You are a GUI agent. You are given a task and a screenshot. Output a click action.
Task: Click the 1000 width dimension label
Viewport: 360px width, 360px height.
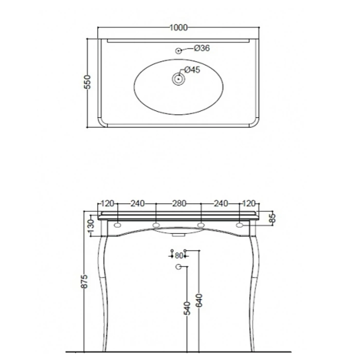pos(178,28)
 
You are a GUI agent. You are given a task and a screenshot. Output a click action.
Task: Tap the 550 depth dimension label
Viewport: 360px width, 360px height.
pos(87,82)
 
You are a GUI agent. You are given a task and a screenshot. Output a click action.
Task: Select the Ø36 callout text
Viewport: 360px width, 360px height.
pos(202,48)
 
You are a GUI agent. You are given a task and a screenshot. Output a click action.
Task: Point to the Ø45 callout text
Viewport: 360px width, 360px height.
pos(192,69)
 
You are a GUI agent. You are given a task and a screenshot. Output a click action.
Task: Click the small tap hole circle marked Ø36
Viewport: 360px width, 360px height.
pos(178,51)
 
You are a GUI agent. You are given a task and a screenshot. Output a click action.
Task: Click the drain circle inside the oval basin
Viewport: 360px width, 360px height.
pos(178,79)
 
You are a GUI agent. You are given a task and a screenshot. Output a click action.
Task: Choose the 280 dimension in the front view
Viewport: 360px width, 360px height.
pos(179,204)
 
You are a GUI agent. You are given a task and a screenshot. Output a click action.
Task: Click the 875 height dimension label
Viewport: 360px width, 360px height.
pos(84,281)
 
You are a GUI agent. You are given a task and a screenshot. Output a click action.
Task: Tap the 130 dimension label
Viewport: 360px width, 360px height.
pos(91,227)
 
